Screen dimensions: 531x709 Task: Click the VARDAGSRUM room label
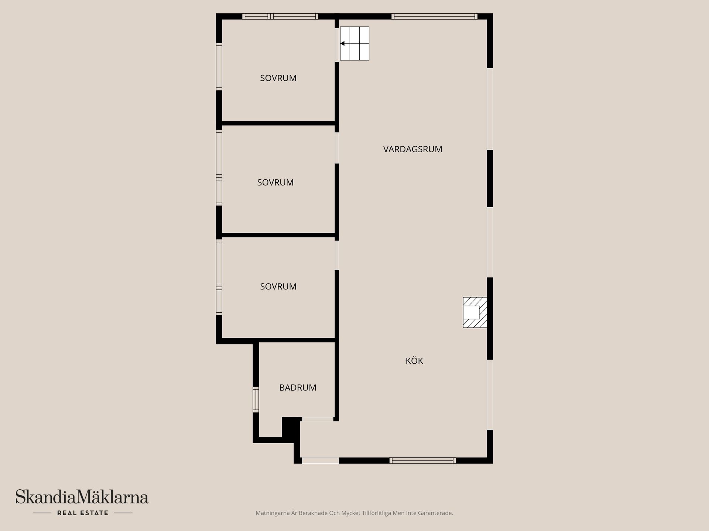412,149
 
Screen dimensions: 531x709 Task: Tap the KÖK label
414,361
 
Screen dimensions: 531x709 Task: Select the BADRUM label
298,388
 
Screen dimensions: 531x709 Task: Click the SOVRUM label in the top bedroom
278,78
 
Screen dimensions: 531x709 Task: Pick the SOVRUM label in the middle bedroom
275,183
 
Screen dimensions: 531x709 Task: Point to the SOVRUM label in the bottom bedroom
278,287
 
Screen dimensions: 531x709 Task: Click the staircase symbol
354,44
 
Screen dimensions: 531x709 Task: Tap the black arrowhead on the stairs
343,44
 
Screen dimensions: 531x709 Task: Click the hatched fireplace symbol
475,312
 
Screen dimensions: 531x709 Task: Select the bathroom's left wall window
256,399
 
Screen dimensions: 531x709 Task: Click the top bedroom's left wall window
219,67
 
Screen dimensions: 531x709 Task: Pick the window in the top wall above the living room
434,16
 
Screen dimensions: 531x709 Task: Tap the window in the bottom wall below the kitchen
422,460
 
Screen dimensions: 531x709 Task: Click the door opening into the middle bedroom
337,148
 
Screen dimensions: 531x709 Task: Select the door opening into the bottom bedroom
337,255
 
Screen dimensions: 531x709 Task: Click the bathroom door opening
318,419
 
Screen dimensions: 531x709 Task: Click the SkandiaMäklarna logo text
82,497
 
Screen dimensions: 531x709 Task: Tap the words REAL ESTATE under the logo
83,513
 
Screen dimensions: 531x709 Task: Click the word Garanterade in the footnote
437,513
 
